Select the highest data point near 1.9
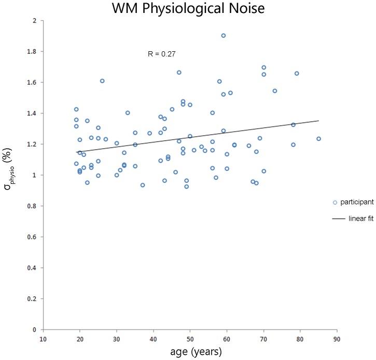pyautogui.click(x=224, y=36)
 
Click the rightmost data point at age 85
pyautogui.click(x=318, y=139)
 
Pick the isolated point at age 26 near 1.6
pyautogui.click(x=102, y=81)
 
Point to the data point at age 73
pyautogui.click(x=275, y=91)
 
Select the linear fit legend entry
pyautogui.click(x=353, y=219)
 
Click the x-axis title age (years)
pyautogui.click(x=197, y=352)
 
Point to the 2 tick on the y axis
pyautogui.click(x=34, y=21)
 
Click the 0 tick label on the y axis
pyautogui.click(x=34, y=329)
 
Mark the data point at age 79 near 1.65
pyautogui.click(x=297, y=74)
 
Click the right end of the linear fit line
pyautogui.click(x=318, y=121)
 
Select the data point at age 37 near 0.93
pyautogui.click(x=143, y=185)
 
